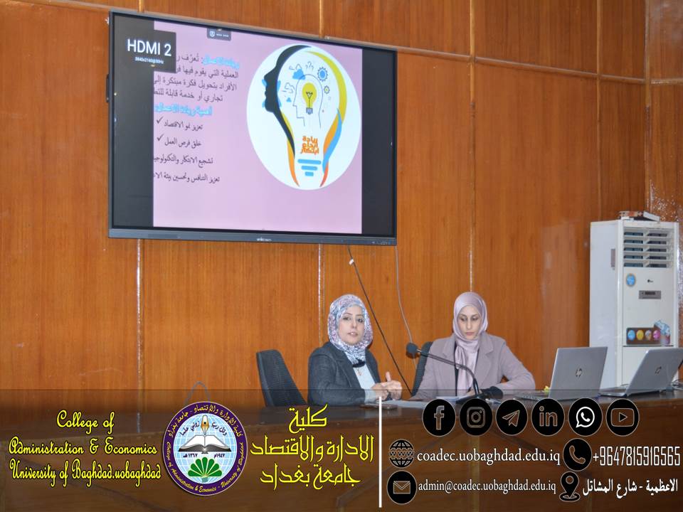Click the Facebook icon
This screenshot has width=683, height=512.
click(439, 417)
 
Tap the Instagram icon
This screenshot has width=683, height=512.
click(476, 417)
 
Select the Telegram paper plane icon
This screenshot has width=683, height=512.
click(512, 417)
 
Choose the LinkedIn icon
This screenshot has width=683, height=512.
click(549, 417)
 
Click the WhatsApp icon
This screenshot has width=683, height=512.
click(586, 417)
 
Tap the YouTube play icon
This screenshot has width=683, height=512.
click(622, 417)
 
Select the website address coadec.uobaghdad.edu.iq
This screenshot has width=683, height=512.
click(488, 455)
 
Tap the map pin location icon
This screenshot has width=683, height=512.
click(569, 486)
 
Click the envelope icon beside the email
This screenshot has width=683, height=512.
click(401, 487)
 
